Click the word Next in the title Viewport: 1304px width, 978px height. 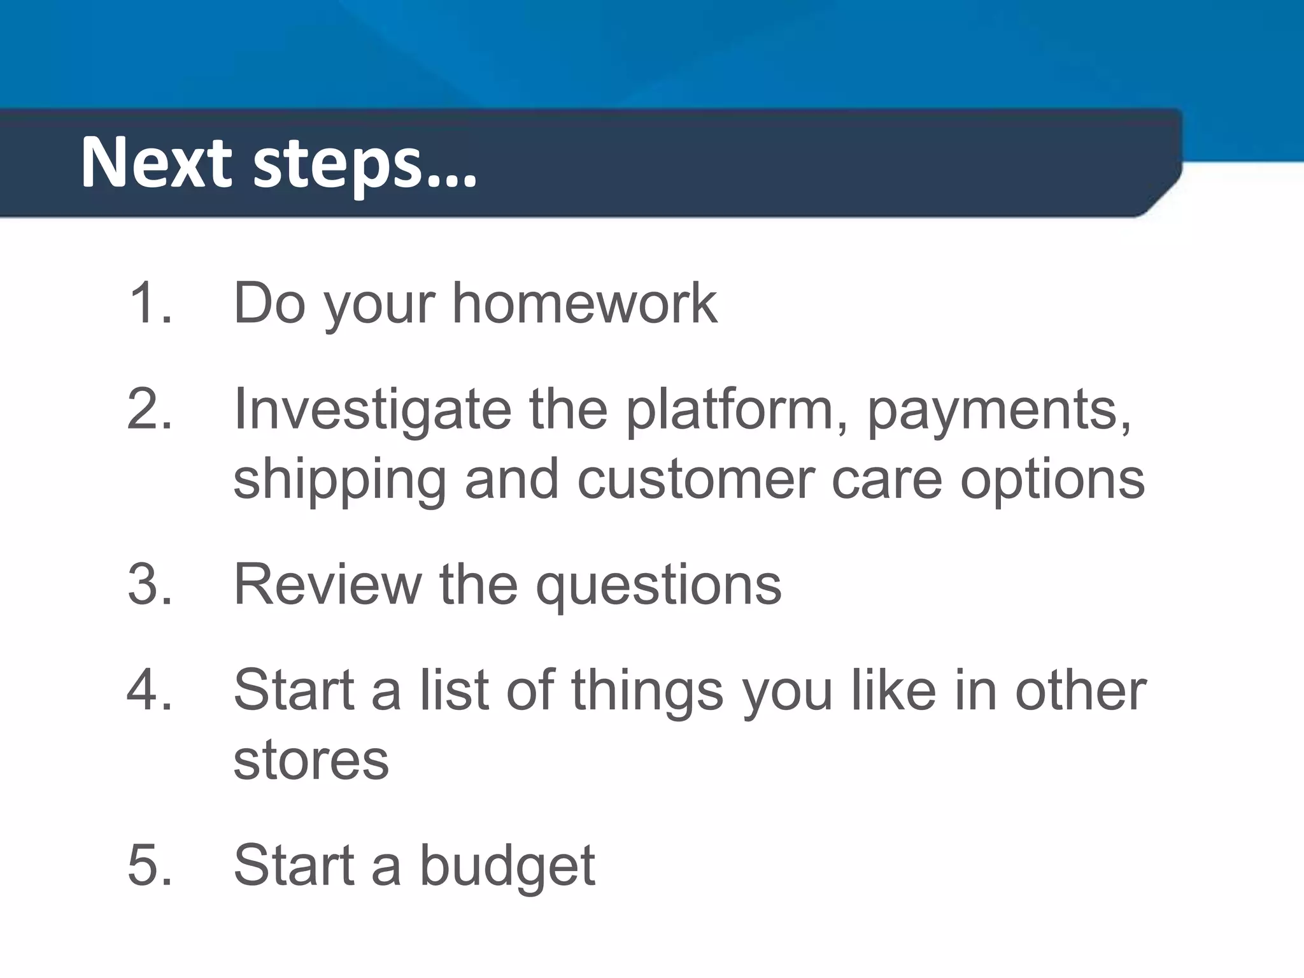click(x=155, y=163)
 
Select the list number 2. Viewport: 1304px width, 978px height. click(x=149, y=409)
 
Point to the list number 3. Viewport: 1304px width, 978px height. click(x=149, y=584)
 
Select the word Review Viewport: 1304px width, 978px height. click(x=327, y=584)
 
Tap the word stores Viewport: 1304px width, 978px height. click(x=311, y=760)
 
